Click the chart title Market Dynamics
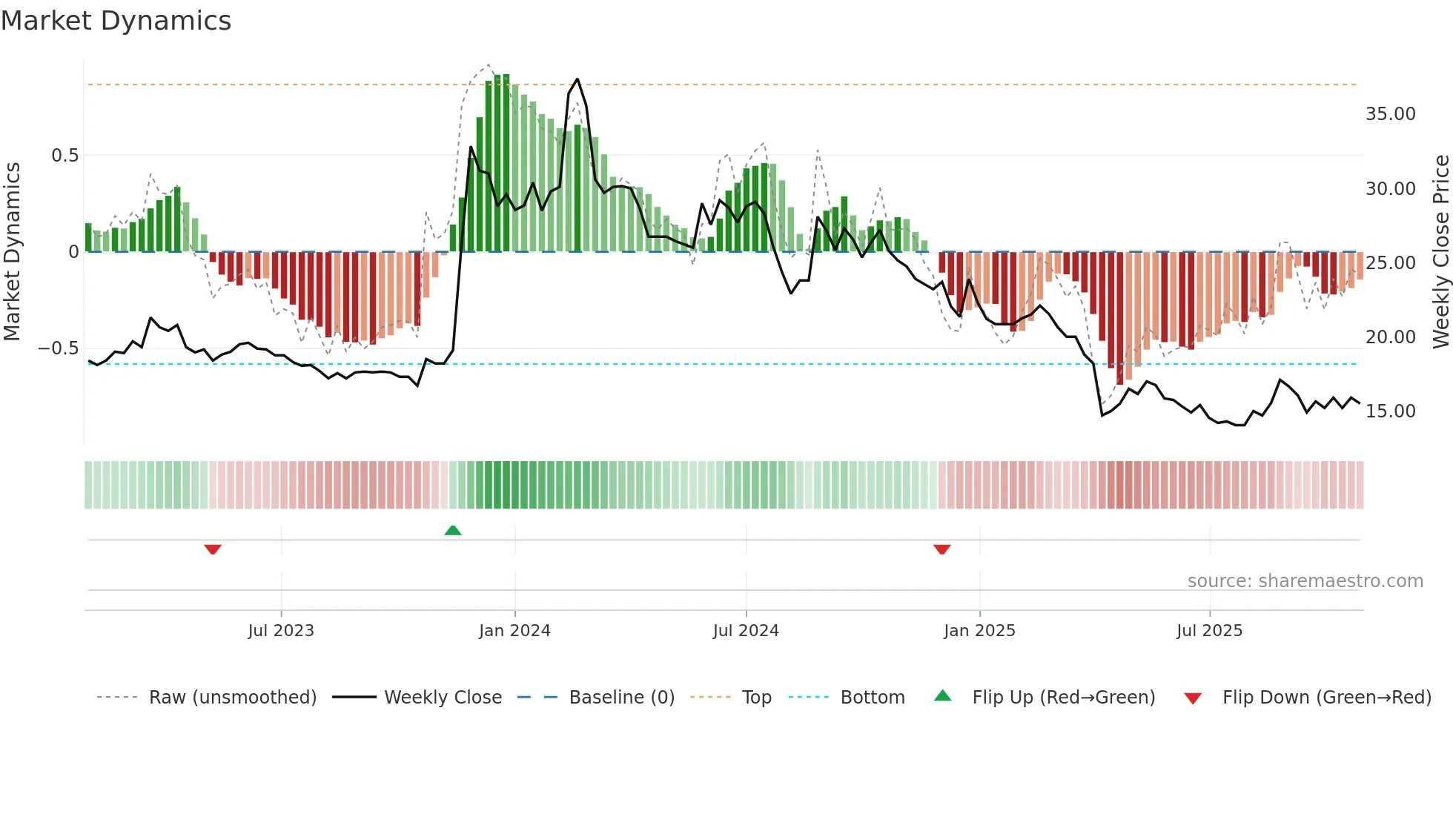point(116,21)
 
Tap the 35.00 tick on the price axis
point(1390,114)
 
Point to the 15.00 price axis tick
point(1390,411)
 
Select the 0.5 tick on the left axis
point(64,156)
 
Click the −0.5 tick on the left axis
point(59,348)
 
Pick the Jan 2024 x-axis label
point(514,631)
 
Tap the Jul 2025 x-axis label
point(1209,631)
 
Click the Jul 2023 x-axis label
point(281,631)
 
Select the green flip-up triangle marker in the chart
point(453,530)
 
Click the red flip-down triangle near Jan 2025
point(942,549)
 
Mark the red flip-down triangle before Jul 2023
point(213,549)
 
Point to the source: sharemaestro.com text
point(1305,581)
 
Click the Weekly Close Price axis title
point(1440,252)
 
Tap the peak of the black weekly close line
point(577,79)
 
